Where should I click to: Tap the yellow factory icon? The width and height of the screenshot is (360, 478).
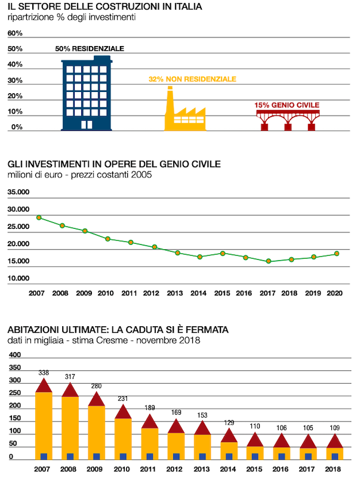tap(184, 114)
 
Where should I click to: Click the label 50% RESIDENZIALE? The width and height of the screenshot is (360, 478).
tap(90, 49)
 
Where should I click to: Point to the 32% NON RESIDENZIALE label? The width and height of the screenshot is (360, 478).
tap(192, 79)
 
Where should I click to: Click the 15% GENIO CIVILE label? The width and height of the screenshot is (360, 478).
tap(287, 105)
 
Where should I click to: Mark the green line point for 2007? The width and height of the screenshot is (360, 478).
tap(39, 217)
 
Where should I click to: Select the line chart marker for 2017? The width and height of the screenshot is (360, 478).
tap(269, 261)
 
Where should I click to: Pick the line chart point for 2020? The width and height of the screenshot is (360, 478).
tap(337, 253)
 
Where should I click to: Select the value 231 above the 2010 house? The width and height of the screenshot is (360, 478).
tap(122, 399)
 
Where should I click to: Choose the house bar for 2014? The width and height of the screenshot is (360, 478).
tap(229, 445)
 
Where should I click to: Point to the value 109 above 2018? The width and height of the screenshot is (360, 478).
tap(334, 428)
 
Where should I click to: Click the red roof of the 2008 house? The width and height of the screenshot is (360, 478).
tap(70, 390)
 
